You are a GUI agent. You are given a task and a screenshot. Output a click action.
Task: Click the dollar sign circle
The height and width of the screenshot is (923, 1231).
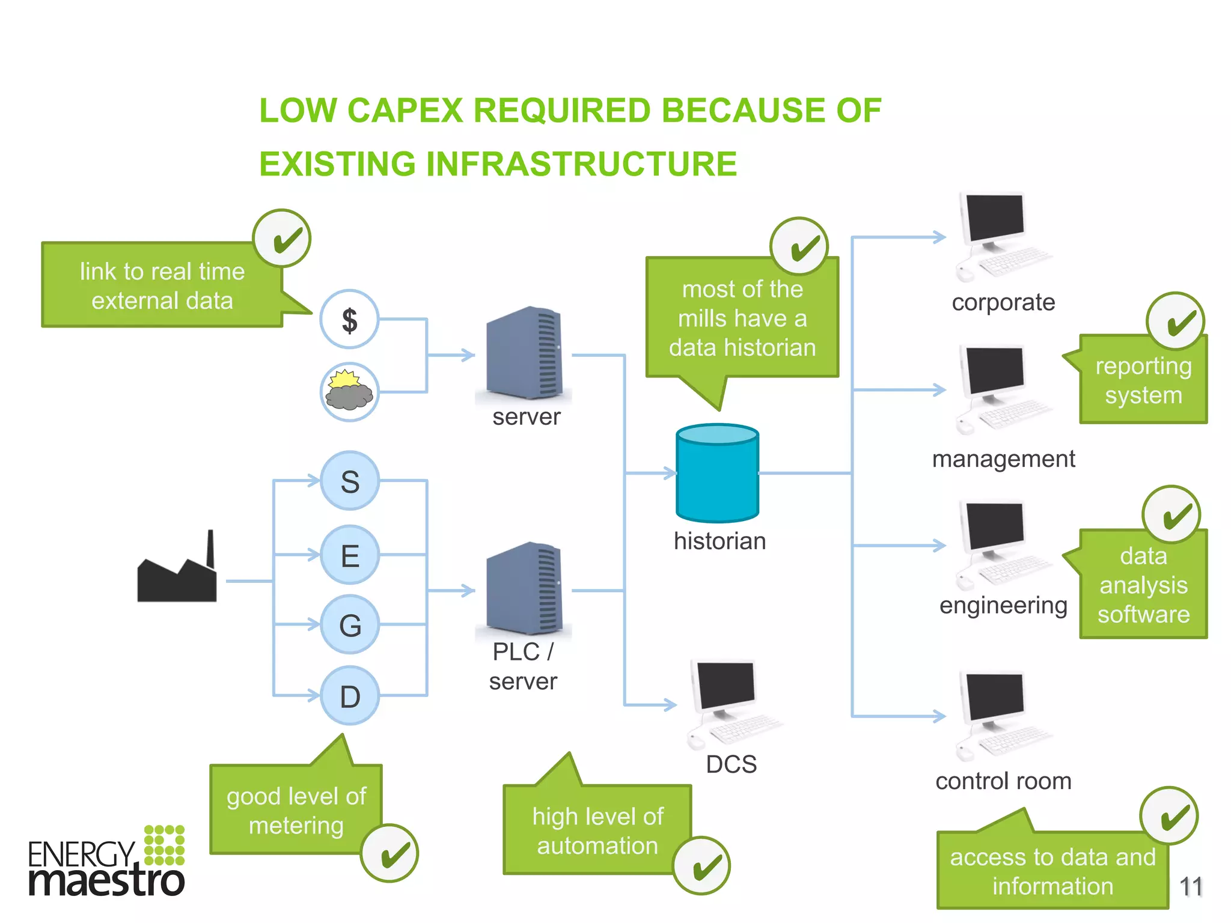[349, 319]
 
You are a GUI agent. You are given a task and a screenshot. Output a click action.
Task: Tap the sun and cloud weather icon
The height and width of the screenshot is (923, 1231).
[349, 391]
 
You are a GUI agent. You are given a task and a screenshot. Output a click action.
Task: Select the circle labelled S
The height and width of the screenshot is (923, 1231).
[350, 481]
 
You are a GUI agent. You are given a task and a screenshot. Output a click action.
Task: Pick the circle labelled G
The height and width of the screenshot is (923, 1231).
[350, 625]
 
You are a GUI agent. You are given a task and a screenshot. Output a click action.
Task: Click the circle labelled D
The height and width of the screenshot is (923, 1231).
[350, 696]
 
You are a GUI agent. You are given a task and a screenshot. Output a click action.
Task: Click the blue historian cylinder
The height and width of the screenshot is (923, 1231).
[717, 473]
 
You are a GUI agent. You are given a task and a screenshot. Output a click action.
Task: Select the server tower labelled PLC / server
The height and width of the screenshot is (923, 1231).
[524, 589]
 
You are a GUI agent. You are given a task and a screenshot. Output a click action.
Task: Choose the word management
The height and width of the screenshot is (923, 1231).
[1003, 459]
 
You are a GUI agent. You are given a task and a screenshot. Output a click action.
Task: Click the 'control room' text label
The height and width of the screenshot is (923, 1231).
[1003, 781]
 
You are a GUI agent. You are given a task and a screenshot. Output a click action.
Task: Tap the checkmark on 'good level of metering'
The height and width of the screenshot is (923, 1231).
[390, 854]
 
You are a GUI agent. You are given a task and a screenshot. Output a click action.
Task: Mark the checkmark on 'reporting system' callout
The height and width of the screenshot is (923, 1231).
[1175, 321]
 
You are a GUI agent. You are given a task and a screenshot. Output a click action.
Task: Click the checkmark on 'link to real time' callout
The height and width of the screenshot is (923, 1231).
[282, 239]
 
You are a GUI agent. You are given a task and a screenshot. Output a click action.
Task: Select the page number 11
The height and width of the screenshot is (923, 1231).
[1191, 887]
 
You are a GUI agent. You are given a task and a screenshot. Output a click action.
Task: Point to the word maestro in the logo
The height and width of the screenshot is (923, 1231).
[106, 881]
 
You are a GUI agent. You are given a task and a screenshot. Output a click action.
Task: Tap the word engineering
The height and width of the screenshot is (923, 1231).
[1003, 606]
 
